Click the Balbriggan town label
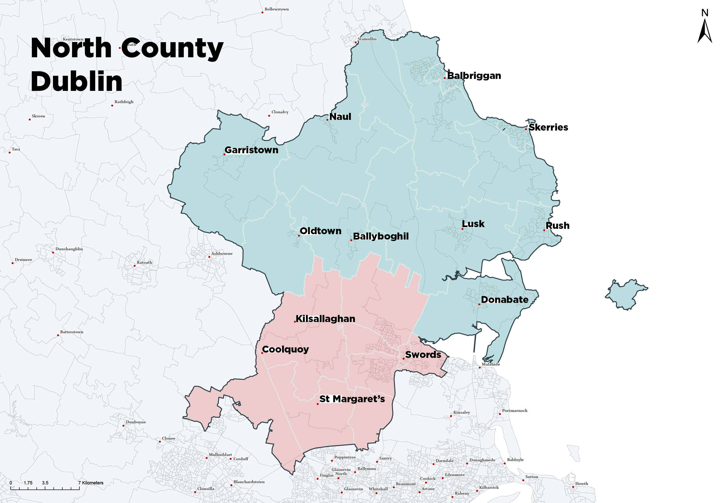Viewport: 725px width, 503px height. pos(474,76)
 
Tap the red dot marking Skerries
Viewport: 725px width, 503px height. pos(526,129)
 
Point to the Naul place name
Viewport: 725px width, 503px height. pos(340,117)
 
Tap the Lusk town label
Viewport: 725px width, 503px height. pos(473,224)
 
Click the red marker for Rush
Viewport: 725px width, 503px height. pos(544,230)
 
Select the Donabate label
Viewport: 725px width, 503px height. pos(505,299)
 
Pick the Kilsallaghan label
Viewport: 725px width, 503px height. pos(325,319)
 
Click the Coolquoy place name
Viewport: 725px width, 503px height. pos(285,349)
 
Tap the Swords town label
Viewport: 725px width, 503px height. pos(423,355)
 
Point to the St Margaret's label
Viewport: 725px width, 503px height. pos(352,399)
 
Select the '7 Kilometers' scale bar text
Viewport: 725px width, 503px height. pos(91,483)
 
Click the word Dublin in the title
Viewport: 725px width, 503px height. pos(77,81)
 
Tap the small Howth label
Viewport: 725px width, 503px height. pos(581,483)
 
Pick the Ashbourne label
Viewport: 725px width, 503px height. pos(222,253)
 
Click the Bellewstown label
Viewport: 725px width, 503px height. pos(276,9)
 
